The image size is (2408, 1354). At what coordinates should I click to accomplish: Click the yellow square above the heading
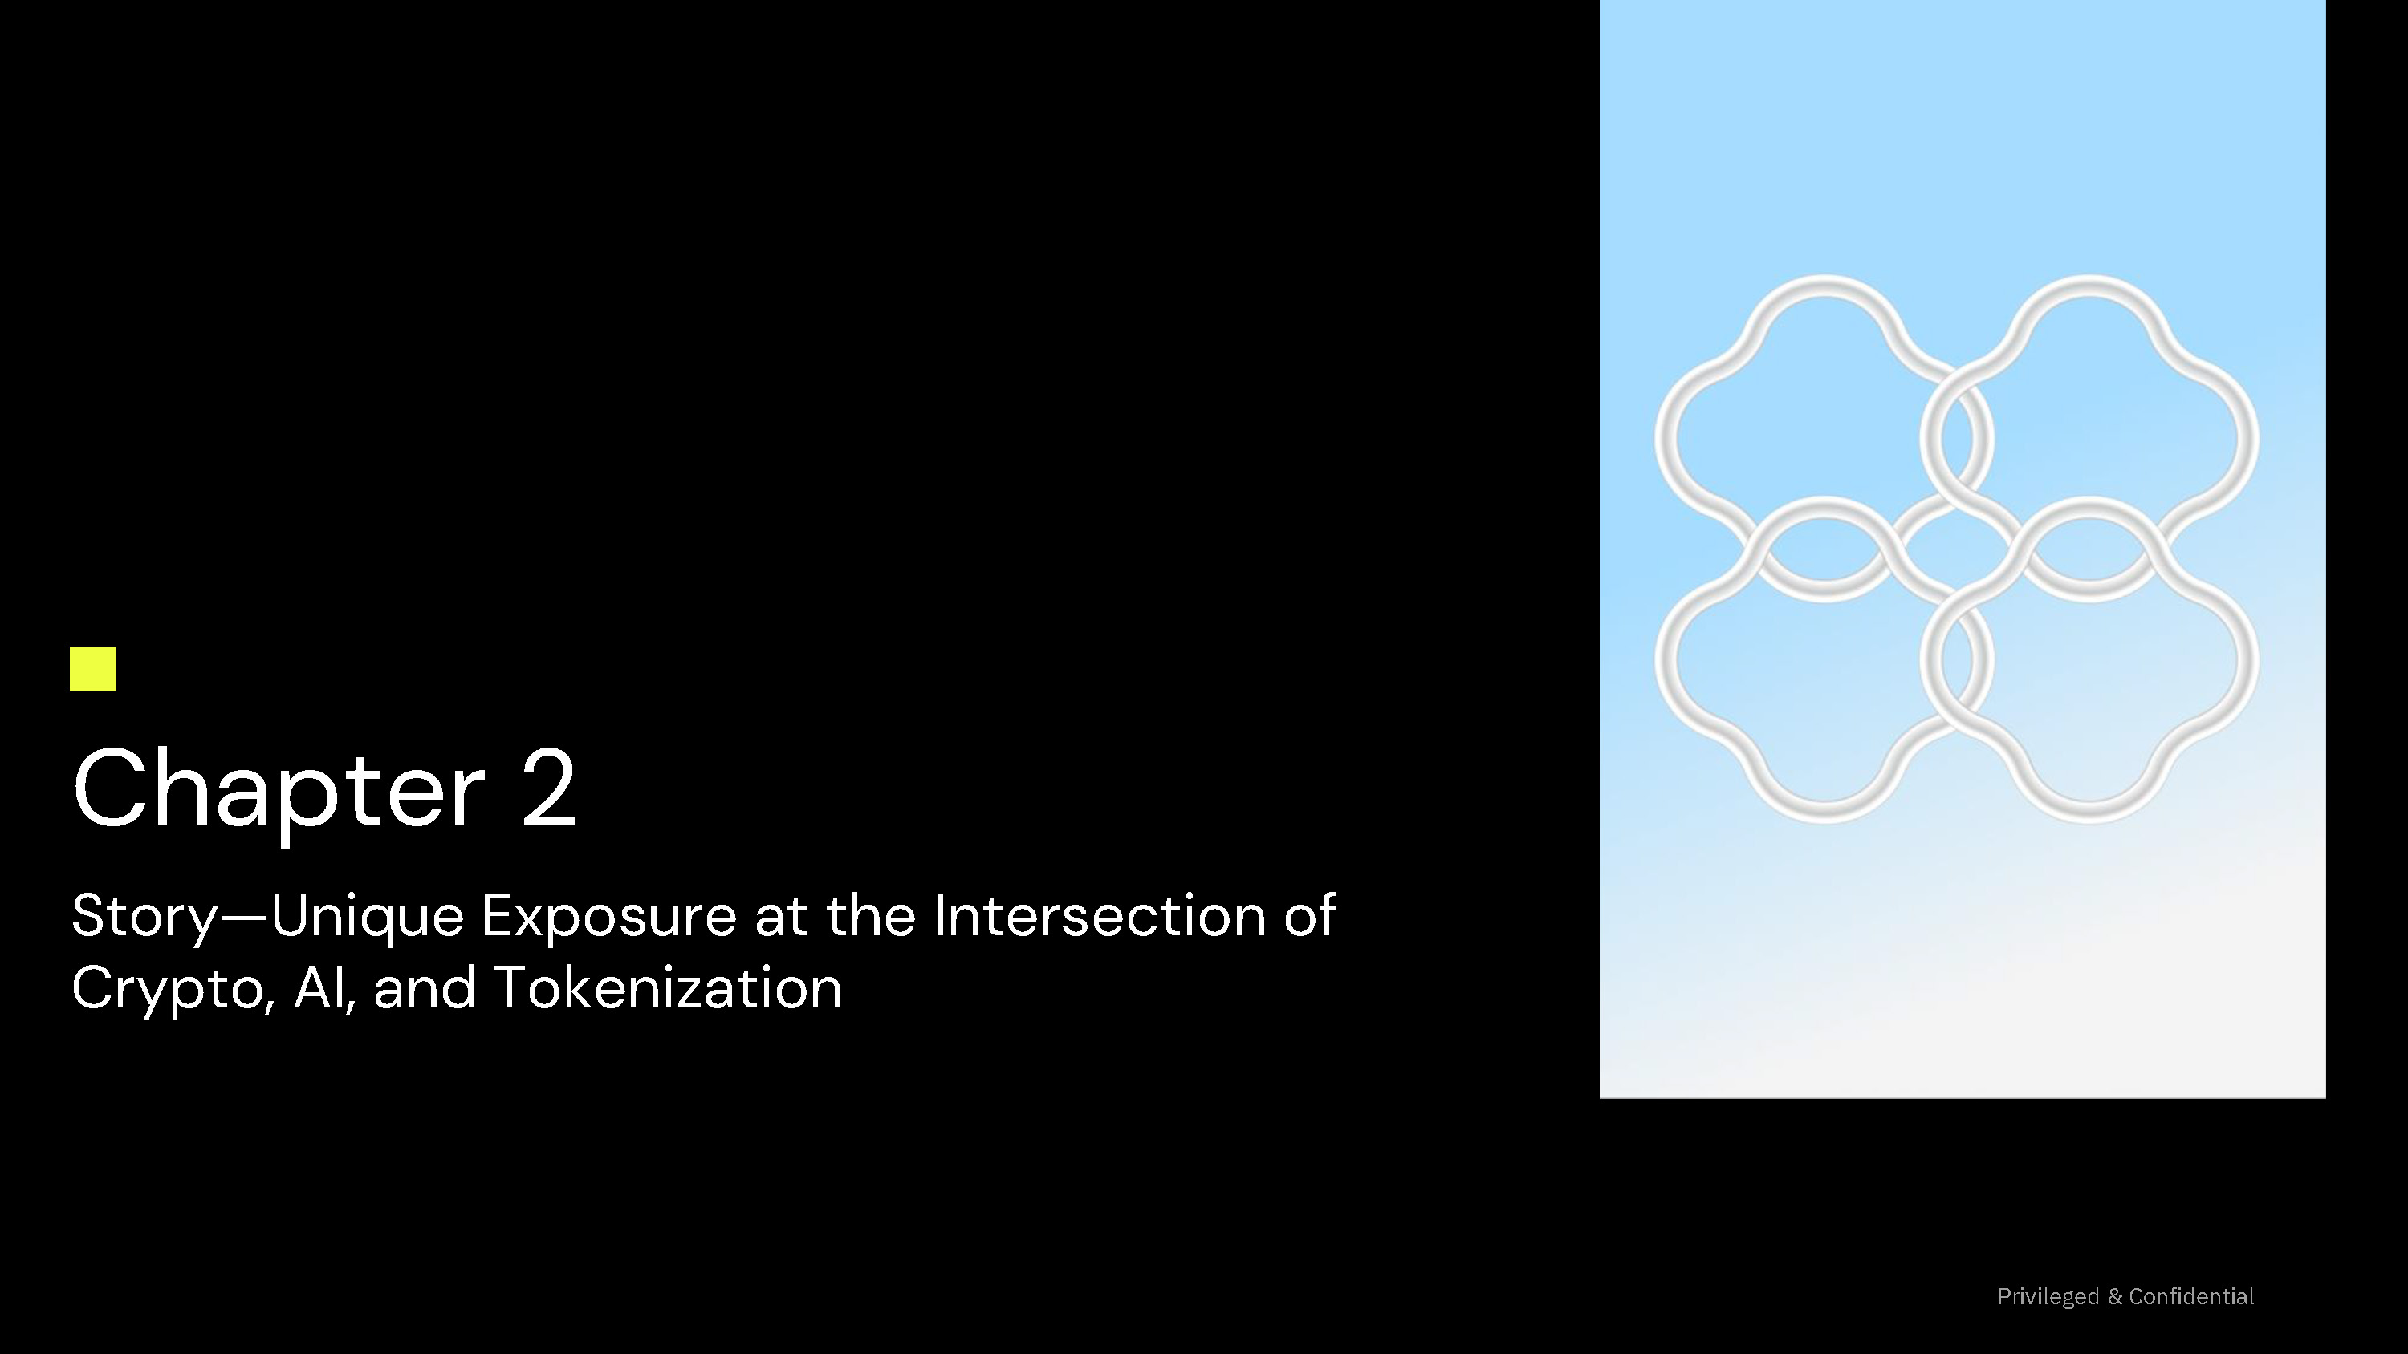pos(92,668)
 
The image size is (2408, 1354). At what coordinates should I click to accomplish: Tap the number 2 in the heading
pos(549,787)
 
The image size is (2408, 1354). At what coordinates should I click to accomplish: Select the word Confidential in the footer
pos(2191,1296)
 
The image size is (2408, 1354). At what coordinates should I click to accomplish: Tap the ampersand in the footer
pos(2114,1297)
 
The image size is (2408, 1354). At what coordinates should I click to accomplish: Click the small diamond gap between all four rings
pos(1957,549)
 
